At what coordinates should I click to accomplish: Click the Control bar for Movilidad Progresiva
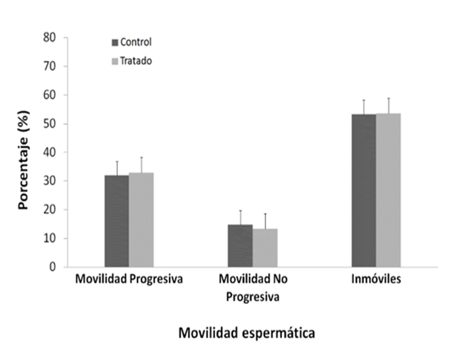click(x=116, y=221)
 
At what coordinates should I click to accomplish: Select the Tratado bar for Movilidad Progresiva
click(x=141, y=220)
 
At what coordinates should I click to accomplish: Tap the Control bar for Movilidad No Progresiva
click(x=240, y=245)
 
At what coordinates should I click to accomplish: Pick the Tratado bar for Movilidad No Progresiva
click(x=265, y=248)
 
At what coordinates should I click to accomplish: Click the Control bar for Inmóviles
click(x=364, y=191)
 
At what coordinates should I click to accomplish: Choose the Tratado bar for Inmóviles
click(x=388, y=190)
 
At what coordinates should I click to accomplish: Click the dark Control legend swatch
click(x=115, y=42)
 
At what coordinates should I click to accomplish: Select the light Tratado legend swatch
click(x=115, y=62)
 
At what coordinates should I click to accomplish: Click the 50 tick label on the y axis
click(x=49, y=123)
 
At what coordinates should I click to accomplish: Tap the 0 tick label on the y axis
click(x=52, y=266)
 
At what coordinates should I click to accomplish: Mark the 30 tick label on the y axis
click(x=49, y=181)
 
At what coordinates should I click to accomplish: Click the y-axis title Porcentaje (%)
click(x=23, y=160)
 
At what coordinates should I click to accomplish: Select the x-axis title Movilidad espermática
click(x=247, y=333)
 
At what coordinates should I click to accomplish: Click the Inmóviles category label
click(x=376, y=279)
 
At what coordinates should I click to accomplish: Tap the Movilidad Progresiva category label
click(x=129, y=279)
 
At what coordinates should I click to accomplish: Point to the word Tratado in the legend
click(x=136, y=61)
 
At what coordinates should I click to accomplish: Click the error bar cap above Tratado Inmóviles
click(x=388, y=98)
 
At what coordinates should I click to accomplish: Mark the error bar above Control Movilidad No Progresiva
click(x=240, y=218)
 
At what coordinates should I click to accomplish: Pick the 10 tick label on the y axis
click(x=49, y=239)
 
